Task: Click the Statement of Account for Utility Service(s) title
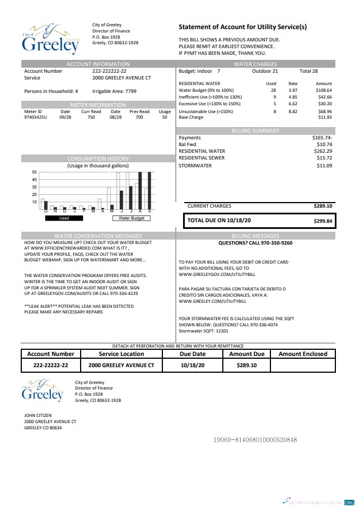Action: point(242,27)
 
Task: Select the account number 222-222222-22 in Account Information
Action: point(109,72)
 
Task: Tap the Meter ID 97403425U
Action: point(36,118)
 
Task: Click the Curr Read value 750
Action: point(91,118)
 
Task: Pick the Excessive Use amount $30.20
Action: point(325,104)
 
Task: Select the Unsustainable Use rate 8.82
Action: point(293,111)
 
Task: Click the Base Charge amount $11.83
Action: point(325,118)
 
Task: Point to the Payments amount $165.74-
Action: point(322,138)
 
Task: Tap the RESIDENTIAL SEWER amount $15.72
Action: point(324,158)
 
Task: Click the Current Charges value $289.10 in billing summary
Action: point(323,206)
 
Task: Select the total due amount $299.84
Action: point(323,221)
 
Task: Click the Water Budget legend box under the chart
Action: point(132,218)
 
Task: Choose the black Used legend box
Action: point(64,218)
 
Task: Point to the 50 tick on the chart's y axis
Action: point(34,172)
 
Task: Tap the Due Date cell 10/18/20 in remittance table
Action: point(193,365)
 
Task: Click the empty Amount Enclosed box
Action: point(302,365)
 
